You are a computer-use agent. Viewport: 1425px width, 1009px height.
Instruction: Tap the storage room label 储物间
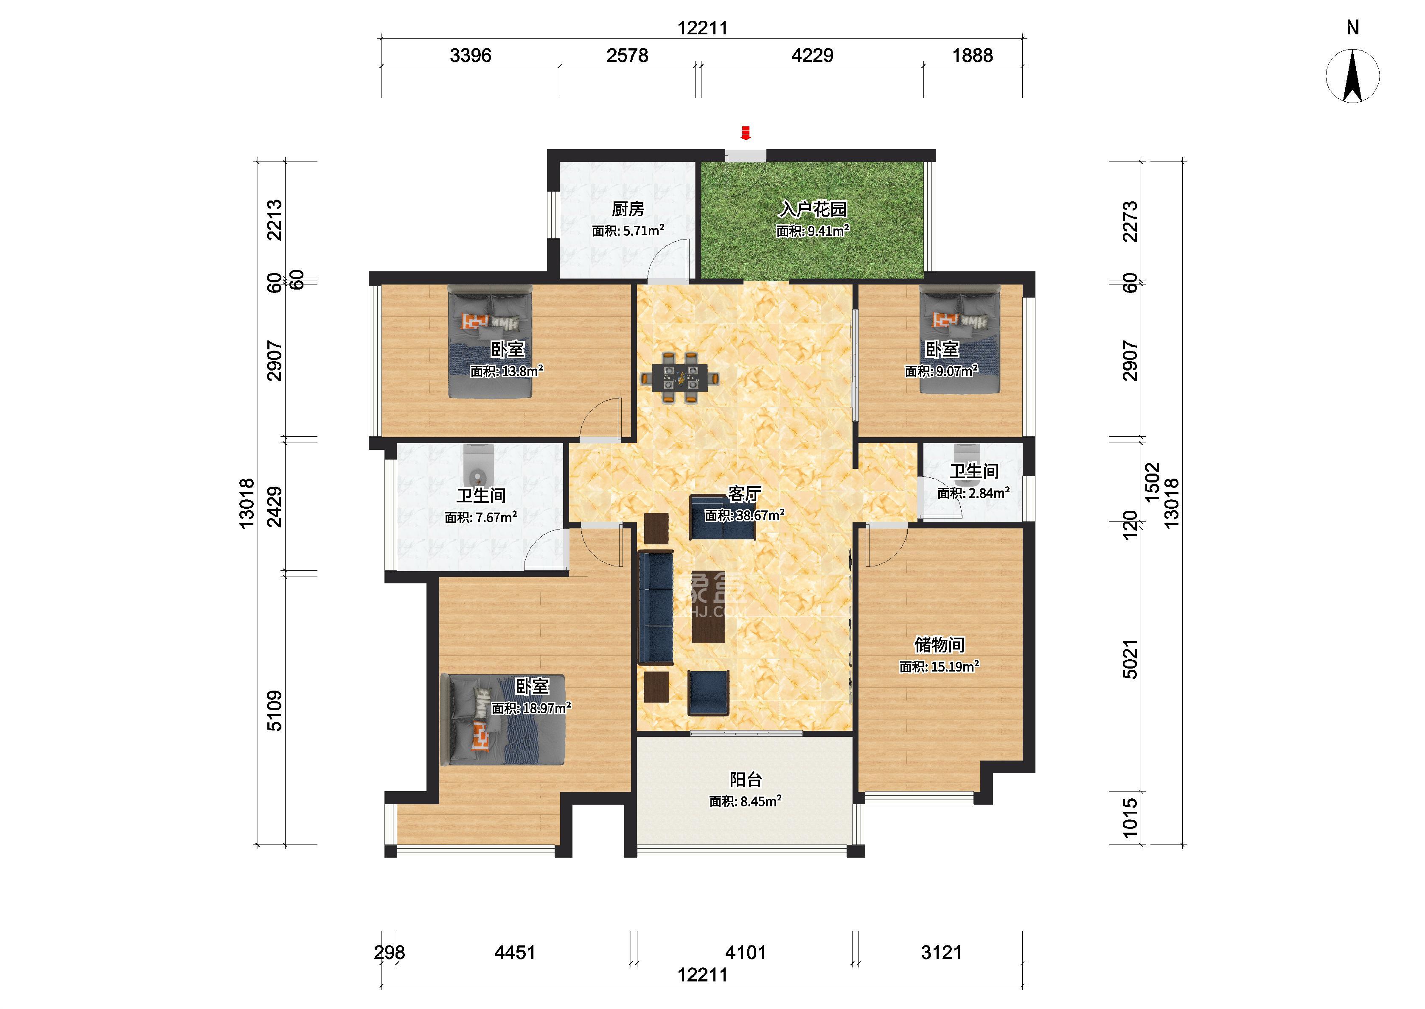[940, 645]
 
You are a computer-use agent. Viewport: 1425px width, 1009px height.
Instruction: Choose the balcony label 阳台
[746, 779]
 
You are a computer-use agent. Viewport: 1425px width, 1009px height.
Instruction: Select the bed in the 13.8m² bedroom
[491, 342]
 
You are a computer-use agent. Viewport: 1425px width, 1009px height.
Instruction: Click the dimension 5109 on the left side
[274, 710]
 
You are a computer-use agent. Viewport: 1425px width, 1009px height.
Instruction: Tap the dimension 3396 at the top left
[471, 55]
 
